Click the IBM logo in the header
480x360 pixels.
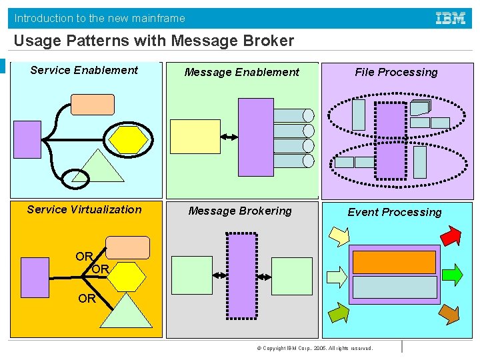pos(451,19)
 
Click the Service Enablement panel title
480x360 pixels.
pos(84,70)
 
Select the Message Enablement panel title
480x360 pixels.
pos(242,72)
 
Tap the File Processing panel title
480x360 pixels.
pos(396,72)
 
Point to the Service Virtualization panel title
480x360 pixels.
pos(84,209)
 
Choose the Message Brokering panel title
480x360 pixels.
pos(240,211)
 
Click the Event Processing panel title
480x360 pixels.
pos(394,212)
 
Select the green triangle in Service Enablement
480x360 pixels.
pos(98,168)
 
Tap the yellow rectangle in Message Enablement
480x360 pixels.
pos(195,137)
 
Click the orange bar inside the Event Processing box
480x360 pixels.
pos(394,262)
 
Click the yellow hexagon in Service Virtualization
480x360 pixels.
pos(127,275)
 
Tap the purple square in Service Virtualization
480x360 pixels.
pos(35,277)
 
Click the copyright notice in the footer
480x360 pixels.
pos(318,348)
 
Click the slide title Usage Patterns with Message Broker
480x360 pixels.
pos(153,41)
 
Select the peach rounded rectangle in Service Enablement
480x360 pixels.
pos(93,105)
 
